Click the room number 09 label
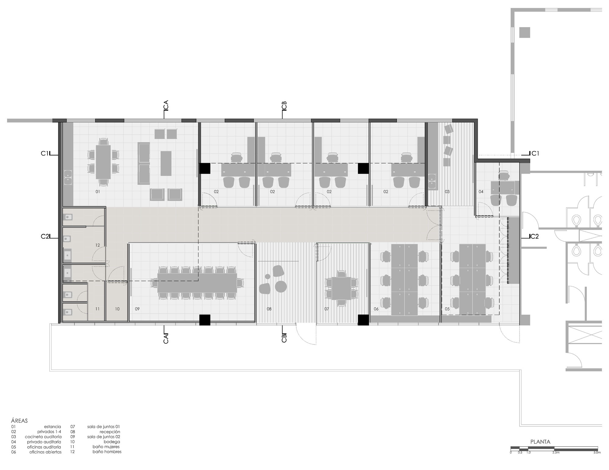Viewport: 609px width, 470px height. click(x=137, y=309)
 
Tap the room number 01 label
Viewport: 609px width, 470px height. click(x=98, y=192)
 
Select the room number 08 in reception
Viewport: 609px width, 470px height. click(x=269, y=309)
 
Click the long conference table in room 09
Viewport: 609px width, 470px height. click(x=197, y=283)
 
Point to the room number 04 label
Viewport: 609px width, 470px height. click(x=481, y=192)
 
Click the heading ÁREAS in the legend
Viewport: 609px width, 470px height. click(x=19, y=421)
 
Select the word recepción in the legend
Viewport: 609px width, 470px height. click(x=110, y=432)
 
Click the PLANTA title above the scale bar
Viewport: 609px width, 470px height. click(x=540, y=442)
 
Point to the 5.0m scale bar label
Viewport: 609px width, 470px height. click(x=597, y=461)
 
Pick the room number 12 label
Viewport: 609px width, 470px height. click(x=97, y=245)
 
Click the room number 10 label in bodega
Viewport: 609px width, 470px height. click(x=117, y=309)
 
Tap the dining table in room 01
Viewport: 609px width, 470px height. click(x=103, y=162)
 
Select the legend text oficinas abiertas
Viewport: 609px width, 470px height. click(x=45, y=452)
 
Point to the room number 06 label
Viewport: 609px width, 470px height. click(x=376, y=309)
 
